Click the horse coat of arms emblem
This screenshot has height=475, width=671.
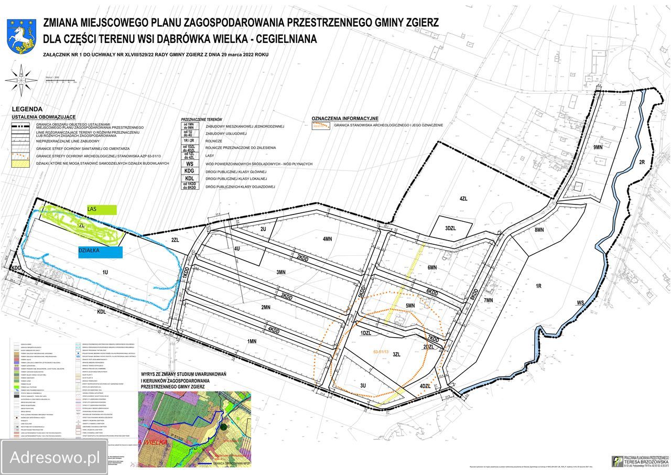click(x=21, y=36)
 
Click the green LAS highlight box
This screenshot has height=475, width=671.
click(x=102, y=210)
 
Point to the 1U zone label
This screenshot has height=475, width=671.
click(x=105, y=273)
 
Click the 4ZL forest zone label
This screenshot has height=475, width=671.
click(x=463, y=199)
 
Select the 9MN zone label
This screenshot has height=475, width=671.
click(x=598, y=147)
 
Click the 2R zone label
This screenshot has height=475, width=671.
click(x=642, y=163)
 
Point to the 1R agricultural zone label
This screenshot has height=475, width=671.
click(x=538, y=286)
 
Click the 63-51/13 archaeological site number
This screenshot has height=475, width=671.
click(x=380, y=352)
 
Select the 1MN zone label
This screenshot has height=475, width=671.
click(x=252, y=341)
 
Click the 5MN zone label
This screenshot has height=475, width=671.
click(x=410, y=306)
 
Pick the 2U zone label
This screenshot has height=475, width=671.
click(x=263, y=229)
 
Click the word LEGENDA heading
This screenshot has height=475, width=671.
click(x=27, y=109)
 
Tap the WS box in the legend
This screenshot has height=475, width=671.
click(x=190, y=164)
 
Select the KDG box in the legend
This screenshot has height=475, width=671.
click(x=190, y=171)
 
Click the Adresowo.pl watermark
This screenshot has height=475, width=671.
click(x=55, y=457)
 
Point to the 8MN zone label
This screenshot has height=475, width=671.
click(x=539, y=230)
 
